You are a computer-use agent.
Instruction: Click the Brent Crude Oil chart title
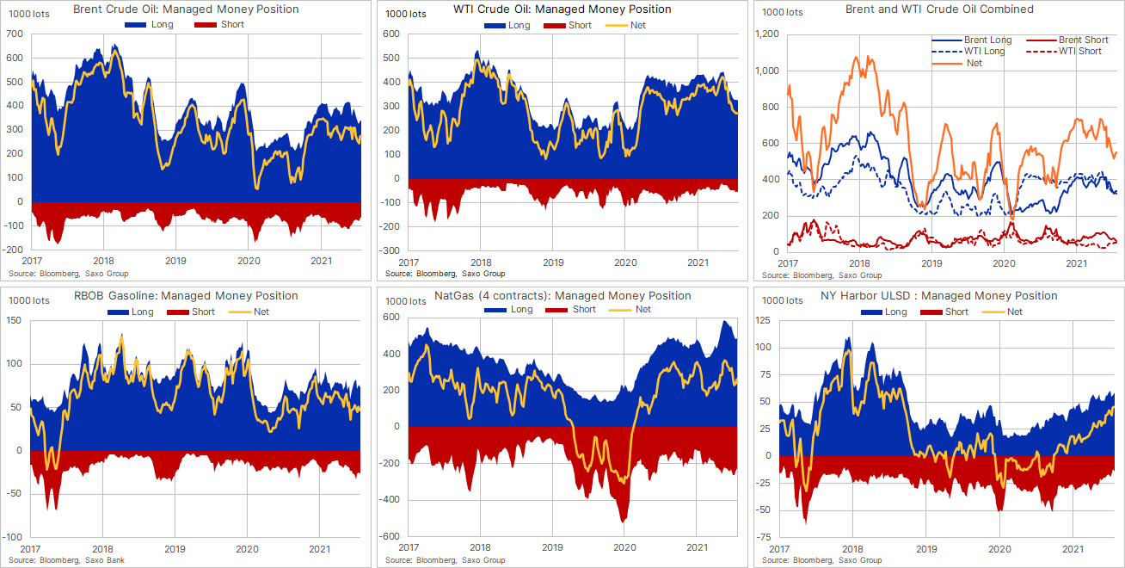[x=187, y=9]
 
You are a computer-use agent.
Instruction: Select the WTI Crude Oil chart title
[x=562, y=9]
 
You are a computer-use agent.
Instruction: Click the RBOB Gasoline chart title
[x=175, y=296]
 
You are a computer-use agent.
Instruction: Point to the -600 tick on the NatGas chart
[x=391, y=536]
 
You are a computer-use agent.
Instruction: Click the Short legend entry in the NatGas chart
[x=583, y=310]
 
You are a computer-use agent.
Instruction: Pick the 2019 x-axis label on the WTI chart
[x=553, y=262]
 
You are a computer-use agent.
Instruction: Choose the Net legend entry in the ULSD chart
[x=1014, y=312]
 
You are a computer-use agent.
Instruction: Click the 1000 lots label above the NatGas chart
[x=407, y=301]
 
